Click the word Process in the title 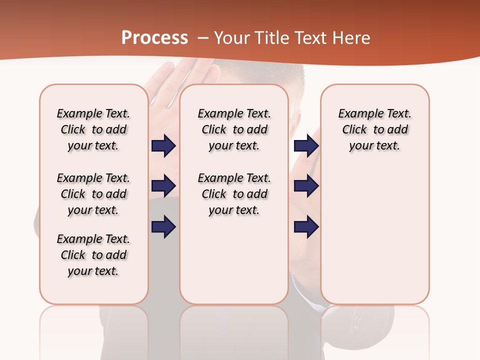[x=154, y=38]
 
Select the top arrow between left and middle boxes [x=163, y=146]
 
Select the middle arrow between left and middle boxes [x=163, y=186]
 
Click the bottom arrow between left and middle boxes [x=163, y=226]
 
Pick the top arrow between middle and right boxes [x=306, y=146]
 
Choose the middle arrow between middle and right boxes [x=306, y=186]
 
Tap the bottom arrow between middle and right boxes [x=306, y=226]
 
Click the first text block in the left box [x=93, y=129]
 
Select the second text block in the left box [x=93, y=194]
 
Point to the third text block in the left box [x=93, y=255]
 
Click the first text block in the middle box [x=234, y=129]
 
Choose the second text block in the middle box [x=234, y=194]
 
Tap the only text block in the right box [x=374, y=129]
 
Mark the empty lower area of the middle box [x=234, y=260]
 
